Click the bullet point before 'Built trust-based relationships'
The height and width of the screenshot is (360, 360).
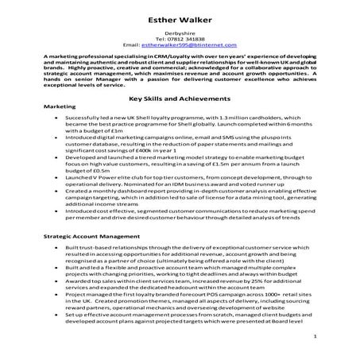[x=56, y=250]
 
